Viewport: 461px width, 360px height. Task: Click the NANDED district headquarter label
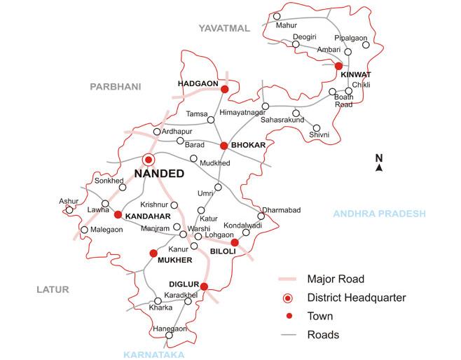click(x=160, y=174)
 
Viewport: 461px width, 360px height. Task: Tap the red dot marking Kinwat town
click(x=338, y=66)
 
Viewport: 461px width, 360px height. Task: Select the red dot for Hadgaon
click(x=225, y=90)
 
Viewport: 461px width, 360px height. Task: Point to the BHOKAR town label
click(x=249, y=145)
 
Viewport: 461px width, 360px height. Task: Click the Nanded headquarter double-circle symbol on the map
click(x=149, y=160)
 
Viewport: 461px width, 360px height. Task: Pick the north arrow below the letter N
click(x=379, y=168)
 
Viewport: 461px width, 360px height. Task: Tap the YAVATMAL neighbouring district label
click(x=223, y=28)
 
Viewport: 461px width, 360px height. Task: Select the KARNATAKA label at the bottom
click(x=153, y=354)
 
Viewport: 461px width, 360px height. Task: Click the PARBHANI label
click(x=116, y=86)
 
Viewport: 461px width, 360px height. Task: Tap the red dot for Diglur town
click(x=204, y=286)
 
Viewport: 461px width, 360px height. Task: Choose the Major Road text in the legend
click(x=336, y=279)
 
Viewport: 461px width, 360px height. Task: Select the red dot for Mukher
click(x=153, y=253)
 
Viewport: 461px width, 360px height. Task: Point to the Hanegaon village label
click(x=170, y=328)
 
